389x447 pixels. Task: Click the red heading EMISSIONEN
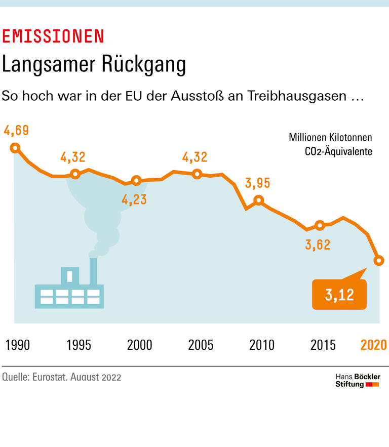[x=53, y=36]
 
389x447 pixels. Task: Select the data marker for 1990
[x=15, y=148]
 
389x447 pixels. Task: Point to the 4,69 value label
[x=16, y=131]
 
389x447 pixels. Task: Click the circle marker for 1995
[x=75, y=174]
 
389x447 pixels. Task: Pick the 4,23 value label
[x=134, y=199]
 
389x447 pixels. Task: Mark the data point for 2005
[x=198, y=174]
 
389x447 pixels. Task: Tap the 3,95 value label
[x=258, y=183]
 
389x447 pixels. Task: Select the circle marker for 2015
[x=320, y=225]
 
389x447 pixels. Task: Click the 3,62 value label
[x=318, y=245]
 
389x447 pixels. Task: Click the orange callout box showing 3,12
[x=339, y=294]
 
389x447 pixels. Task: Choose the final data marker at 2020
[x=379, y=260]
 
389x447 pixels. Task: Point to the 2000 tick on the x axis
[x=139, y=345]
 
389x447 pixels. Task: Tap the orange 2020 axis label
[x=373, y=345]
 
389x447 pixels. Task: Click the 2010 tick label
[x=262, y=345]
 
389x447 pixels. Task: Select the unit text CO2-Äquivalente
[x=338, y=151]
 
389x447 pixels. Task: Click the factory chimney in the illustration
[x=93, y=271]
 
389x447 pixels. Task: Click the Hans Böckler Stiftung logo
[x=358, y=381]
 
